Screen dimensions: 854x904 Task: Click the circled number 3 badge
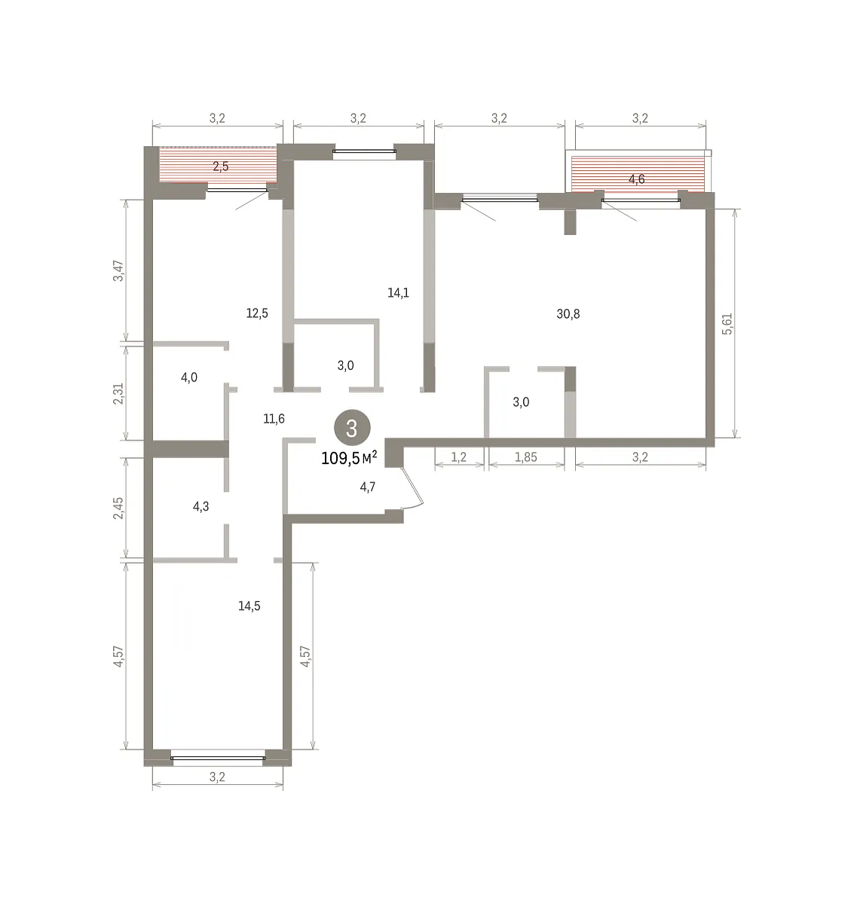click(x=351, y=427)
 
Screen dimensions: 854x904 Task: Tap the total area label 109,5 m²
click(x=349, y=457)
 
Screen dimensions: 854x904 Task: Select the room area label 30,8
click(x=568, y=314)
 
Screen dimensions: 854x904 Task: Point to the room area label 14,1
click(x=398, y=293)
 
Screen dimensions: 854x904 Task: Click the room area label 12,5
click(x=257, y=313)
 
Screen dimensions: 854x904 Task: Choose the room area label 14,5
click(x=249, y=606)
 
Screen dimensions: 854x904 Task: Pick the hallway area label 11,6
click(x=274, y=418)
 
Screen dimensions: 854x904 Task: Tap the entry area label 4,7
click(x=368, y=487)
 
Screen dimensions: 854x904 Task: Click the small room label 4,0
click(x=189, y=377)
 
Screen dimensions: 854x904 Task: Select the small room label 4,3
click(x=200, y=506)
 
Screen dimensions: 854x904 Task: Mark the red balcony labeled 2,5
click(x=218, y=165)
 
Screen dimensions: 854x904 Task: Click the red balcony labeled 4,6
click(x=638, y=174)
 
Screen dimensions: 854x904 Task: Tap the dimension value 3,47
click(x=118, y=271)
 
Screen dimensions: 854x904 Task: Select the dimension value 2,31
click(x=118, y=394)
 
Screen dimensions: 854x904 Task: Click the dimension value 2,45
click(x=118, y=508)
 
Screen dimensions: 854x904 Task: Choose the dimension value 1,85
click(x=525, y=457)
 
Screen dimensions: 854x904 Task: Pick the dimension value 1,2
click(x=458, y=457)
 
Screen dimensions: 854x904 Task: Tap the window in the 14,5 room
click(x=218, y=758)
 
